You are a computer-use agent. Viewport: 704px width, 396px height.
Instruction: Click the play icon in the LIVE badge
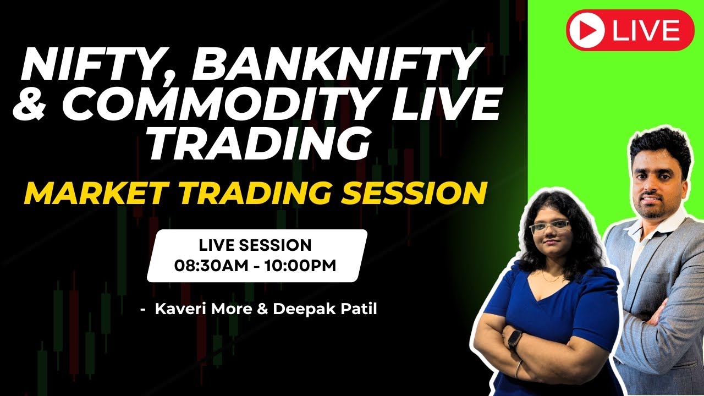coord(587,30)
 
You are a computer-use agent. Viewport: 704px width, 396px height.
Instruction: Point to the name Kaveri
coord(179,309)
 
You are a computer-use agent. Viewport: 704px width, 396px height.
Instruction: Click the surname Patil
coord(358,309)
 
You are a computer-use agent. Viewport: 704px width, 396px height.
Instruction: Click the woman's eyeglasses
coord(548,226)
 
